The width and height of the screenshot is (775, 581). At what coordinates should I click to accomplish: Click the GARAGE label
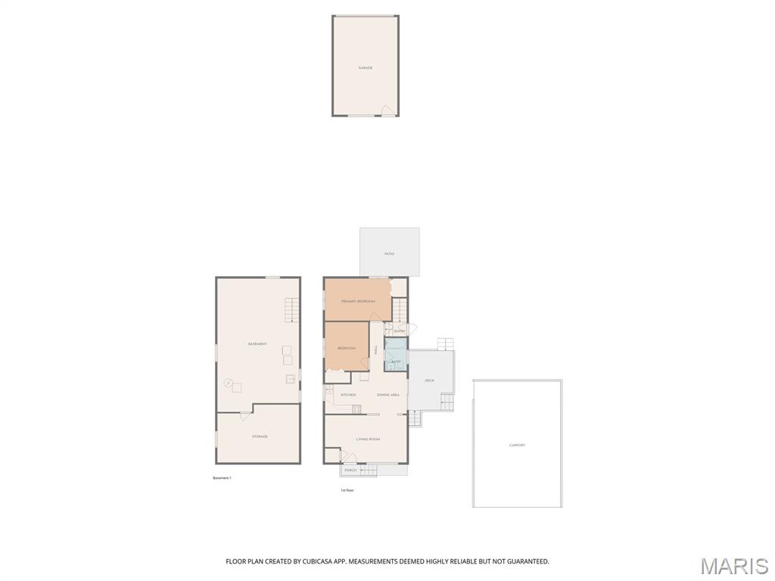366,68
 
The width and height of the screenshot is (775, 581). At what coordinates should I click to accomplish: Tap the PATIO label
390,254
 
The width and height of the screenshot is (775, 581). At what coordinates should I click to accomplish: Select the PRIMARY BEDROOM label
358,301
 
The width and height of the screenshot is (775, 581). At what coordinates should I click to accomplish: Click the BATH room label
396,362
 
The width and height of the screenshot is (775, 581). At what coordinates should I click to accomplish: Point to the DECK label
430,381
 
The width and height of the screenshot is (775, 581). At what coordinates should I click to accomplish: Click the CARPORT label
518,446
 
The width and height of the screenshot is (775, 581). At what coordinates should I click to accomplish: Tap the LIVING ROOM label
368,440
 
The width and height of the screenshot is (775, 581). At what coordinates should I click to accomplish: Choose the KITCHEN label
348,395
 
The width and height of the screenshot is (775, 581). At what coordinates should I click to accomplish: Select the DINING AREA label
388,395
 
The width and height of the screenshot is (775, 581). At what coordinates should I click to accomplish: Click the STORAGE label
260,437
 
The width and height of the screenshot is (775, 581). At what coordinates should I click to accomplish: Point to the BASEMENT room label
257,344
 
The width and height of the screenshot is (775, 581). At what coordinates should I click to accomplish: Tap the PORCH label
350,471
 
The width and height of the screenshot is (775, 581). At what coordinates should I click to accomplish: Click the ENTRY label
400,331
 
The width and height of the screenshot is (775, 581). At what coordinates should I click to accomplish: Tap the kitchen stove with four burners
356,409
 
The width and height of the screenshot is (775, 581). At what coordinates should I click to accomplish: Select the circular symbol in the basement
228,383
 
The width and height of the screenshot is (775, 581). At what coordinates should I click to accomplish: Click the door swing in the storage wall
245,415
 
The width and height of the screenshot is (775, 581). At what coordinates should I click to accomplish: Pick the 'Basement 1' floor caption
222,478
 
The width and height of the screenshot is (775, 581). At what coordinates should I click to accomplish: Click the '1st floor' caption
347,490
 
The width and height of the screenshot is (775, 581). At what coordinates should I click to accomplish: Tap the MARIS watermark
734,566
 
